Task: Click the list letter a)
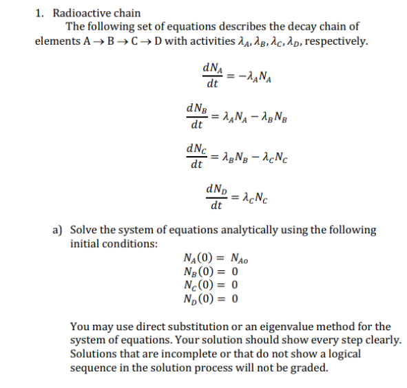click(59, 230)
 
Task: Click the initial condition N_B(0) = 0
click(209, 272)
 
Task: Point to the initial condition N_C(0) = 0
click(209, 285)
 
